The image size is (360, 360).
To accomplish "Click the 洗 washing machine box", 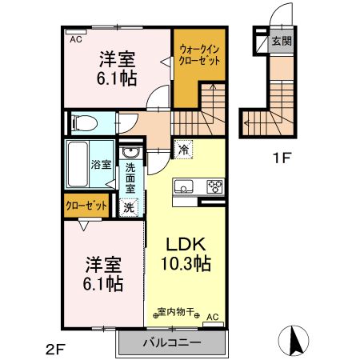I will tap(130, 206).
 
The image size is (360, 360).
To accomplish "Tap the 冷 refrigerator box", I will tap(183, 148).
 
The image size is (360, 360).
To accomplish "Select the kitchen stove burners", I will tap(215, 187).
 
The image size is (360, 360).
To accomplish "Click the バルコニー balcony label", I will tap(172, 343).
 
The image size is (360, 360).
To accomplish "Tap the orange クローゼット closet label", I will tap(86, 206).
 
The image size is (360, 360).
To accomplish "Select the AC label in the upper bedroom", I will tap(76, 38).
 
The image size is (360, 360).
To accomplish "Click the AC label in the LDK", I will tap(213, 318).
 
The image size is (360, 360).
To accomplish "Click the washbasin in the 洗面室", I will tap(130, 155).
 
